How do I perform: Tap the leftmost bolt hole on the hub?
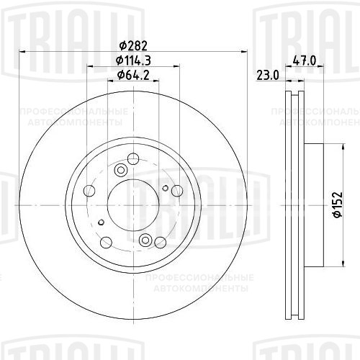click(x=90, y=191)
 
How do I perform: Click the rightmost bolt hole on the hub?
click(x=175, y=191)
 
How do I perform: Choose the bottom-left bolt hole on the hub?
click(x=107, y=242)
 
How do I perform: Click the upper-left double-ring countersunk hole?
click(x=120, y=170)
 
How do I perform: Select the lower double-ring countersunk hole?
click(x=145, y=240)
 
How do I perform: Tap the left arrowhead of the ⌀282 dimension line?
click(x=23, y=52)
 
